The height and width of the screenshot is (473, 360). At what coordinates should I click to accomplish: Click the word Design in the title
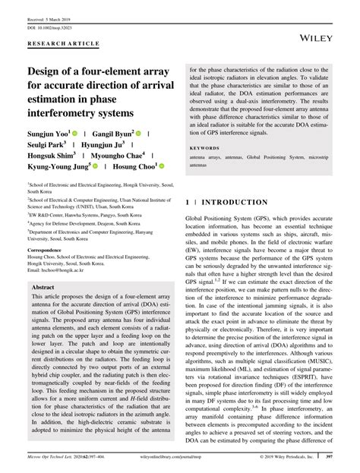[x=49, y=71]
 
